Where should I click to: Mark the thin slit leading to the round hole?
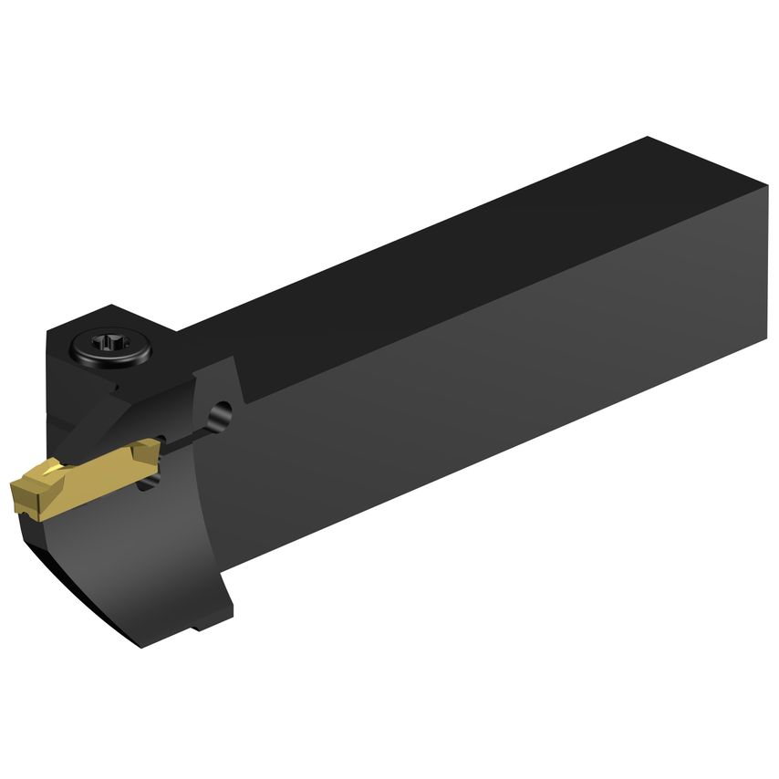pos(187,434)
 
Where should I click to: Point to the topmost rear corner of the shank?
pos(648,139)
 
